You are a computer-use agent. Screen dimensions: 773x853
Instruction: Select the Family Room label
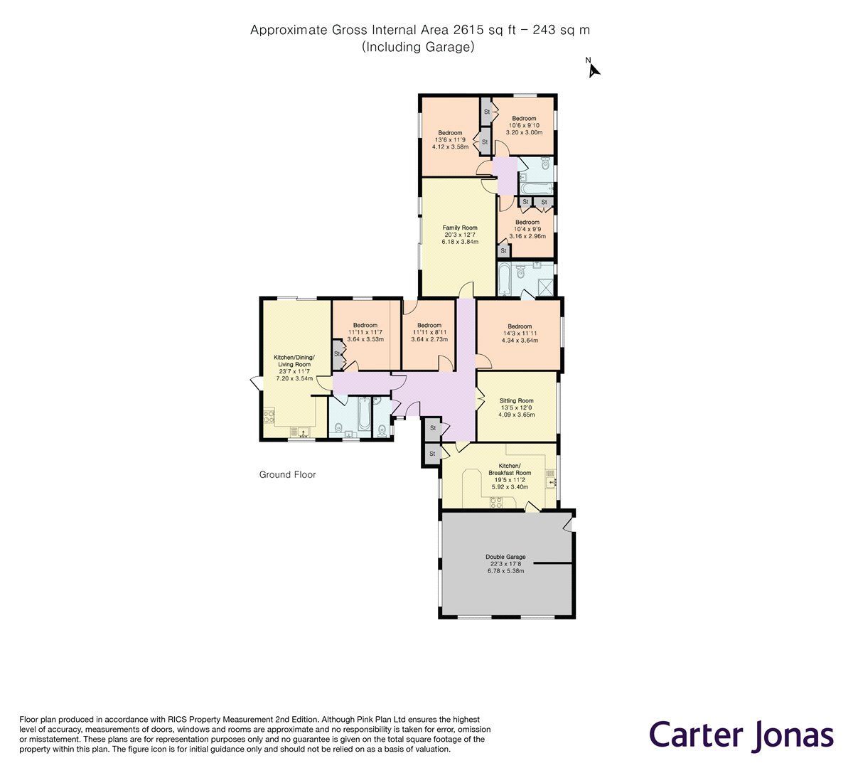pyautogui.click(x=460, y=235)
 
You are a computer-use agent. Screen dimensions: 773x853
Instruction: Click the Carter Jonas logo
pyautogui.click(x=741, y=734)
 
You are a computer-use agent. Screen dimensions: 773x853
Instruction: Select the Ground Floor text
pyautogui.click(x=287, y=474)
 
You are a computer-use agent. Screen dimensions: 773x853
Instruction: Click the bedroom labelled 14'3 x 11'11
pyautogui.click(x=519, y=333)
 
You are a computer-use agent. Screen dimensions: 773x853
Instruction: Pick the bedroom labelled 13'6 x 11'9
pyautogui.click(x=450, y=139)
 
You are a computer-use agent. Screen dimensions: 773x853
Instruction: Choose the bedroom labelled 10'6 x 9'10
pyautogui.click(x=524, y=125)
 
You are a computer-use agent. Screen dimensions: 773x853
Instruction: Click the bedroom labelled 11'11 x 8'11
pyautogui.click(x=429, y=332)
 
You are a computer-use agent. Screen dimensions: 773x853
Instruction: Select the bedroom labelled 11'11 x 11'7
pyautogui.click(x=365, y=332)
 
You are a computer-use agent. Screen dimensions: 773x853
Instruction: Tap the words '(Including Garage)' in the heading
pyautogui.click(x=418, y=47)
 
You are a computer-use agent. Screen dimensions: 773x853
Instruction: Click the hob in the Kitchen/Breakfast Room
pyautogui.click(x=495, y=501)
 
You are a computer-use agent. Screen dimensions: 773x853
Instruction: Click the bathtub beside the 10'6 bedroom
pyautogui.click(x=536, y=188)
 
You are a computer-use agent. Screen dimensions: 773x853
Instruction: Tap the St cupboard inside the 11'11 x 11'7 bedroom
pyautogui.click(x=337, y=353)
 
